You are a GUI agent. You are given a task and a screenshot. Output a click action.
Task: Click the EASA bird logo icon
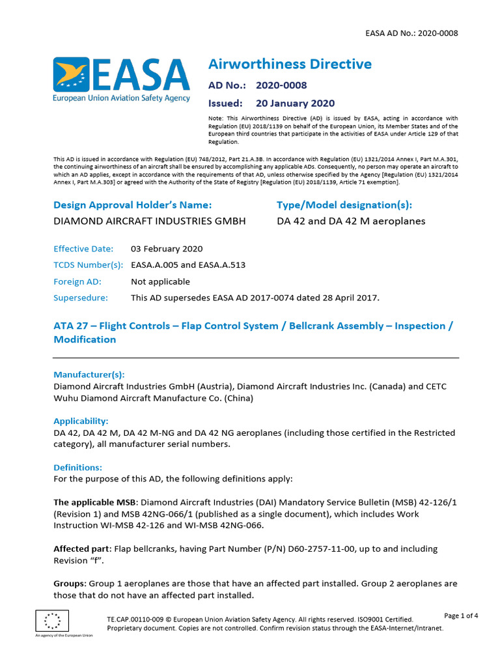pos(71,75)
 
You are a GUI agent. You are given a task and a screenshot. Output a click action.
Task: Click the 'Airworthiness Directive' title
pos(290,64)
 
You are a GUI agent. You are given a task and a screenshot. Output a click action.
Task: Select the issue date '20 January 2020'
pos(295,103)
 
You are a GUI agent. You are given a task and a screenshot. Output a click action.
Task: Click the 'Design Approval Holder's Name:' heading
pos(133,205)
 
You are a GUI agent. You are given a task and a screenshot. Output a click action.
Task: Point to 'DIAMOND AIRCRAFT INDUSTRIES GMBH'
pos(149,221)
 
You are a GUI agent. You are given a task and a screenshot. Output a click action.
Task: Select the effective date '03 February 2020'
pos(167,249)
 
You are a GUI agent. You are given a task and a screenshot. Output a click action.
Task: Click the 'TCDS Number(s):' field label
pos(88,265)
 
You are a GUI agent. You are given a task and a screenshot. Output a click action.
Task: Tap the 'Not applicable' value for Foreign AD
pos(160,281)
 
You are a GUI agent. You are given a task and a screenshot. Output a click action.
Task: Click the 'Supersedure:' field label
pos(81,298)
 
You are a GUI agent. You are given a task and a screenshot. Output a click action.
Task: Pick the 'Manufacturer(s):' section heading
pos(89,375)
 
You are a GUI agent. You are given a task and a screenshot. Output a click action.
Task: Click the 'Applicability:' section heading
pos(81,421)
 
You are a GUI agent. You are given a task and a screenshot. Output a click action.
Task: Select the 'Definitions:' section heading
pos(77,468)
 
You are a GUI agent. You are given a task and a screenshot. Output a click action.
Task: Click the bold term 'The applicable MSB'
pos(94,502)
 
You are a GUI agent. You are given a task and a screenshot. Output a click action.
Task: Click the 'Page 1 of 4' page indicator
pos(461,616)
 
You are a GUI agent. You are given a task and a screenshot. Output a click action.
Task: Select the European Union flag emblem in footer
pos(52,620)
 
